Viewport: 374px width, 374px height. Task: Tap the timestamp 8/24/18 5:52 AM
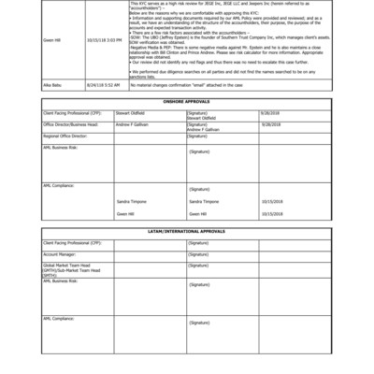point(103,85)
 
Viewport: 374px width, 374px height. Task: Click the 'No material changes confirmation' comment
point(186,85)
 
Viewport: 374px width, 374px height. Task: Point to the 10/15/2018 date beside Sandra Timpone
point(271,201)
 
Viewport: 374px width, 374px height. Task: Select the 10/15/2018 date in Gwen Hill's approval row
point(271,213)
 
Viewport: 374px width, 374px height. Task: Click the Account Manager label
point(60,253)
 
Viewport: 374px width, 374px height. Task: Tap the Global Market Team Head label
point(69,266)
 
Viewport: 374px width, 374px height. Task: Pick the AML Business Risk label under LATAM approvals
point(61,280)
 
